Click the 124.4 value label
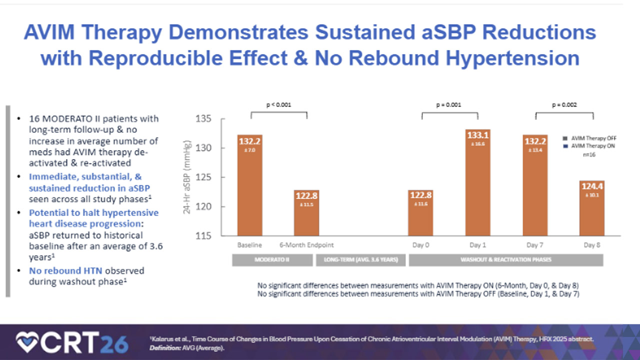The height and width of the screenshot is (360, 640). pos(593,186)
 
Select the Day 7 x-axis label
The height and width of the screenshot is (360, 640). pos(535,245)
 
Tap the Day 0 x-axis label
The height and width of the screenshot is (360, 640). pos(420,245)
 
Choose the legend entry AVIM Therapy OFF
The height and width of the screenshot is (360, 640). pos(592,138)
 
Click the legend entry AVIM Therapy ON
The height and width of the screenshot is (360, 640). pos(592,146)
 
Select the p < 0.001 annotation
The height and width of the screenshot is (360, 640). pos(278,105)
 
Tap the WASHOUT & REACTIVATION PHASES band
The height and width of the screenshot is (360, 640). pos(506,260)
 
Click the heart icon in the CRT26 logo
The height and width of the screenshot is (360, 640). pos(28,342)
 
